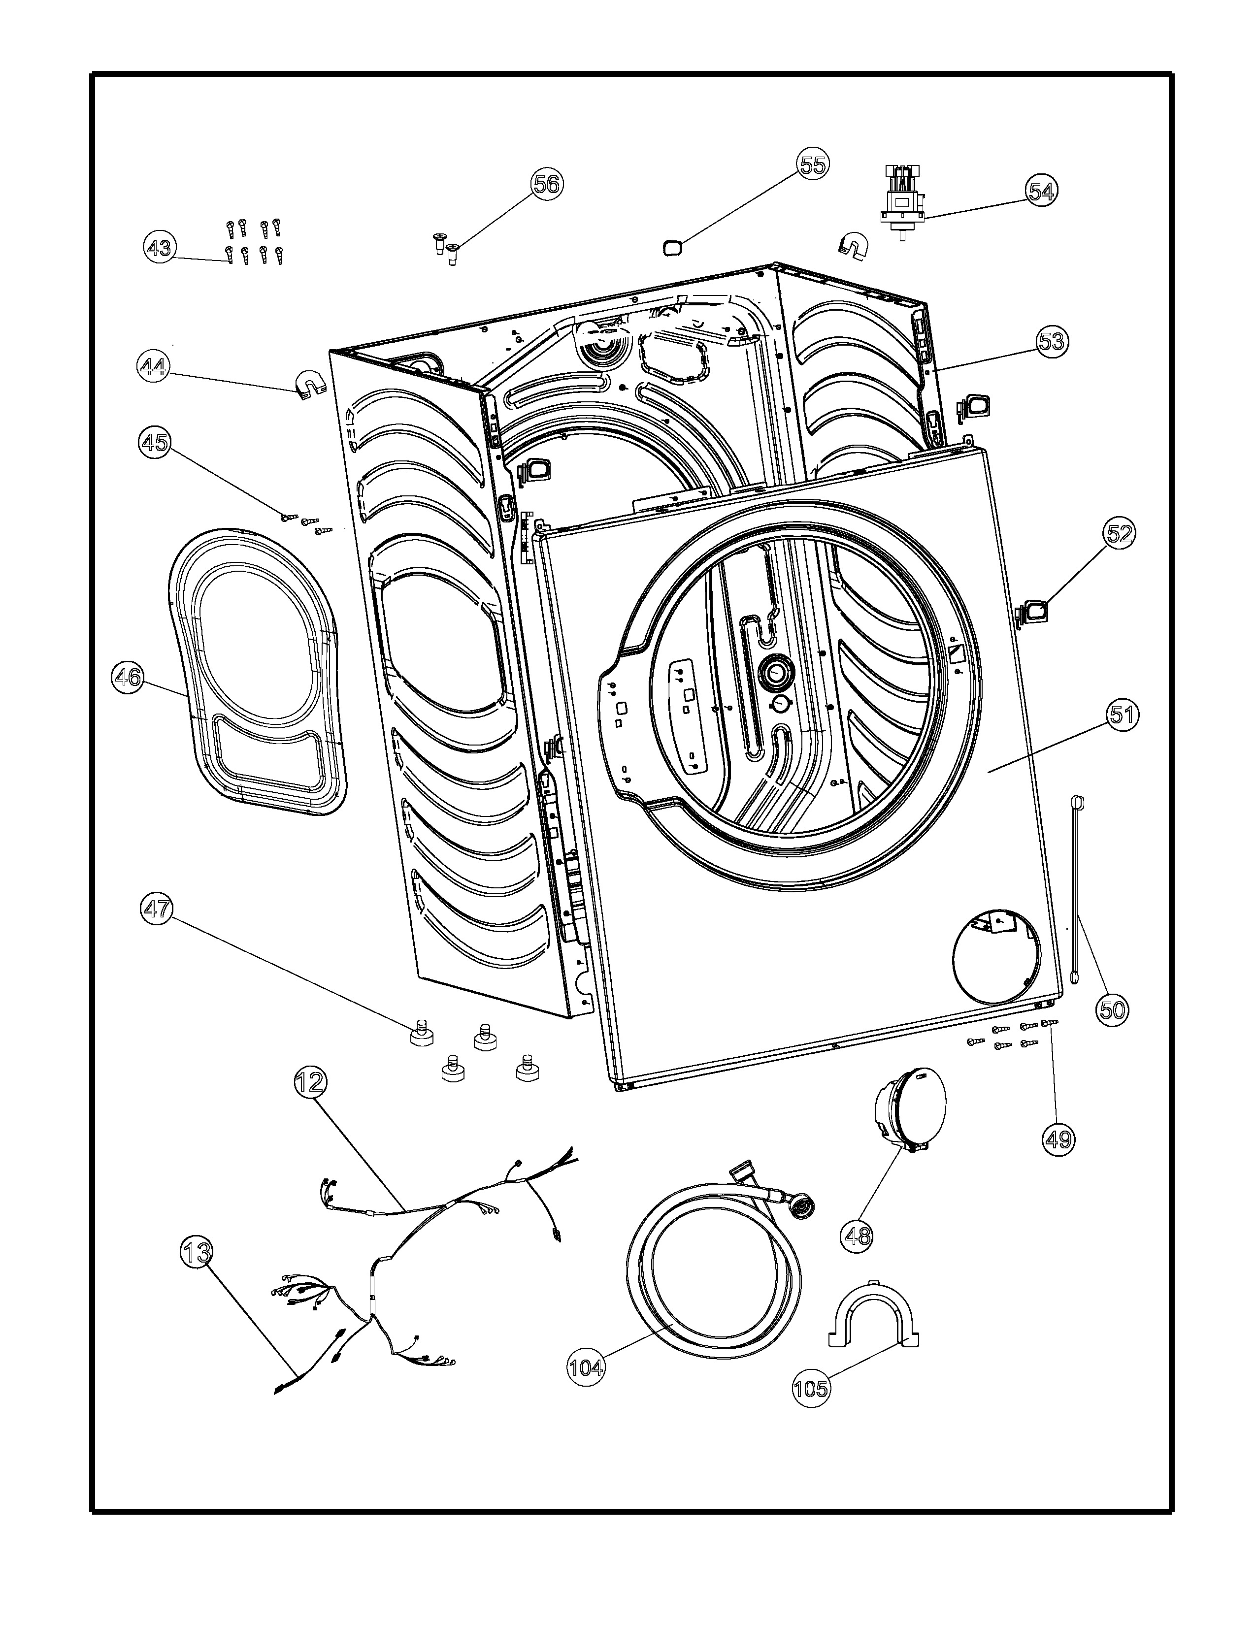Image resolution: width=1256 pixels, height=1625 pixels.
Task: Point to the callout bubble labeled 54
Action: click(1040, 191)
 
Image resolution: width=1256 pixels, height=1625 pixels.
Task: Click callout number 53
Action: click(1052, 342)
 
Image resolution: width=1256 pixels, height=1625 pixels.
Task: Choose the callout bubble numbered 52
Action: click(1119, 534)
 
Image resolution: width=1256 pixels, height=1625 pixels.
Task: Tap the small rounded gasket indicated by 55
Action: click(673, 246)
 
